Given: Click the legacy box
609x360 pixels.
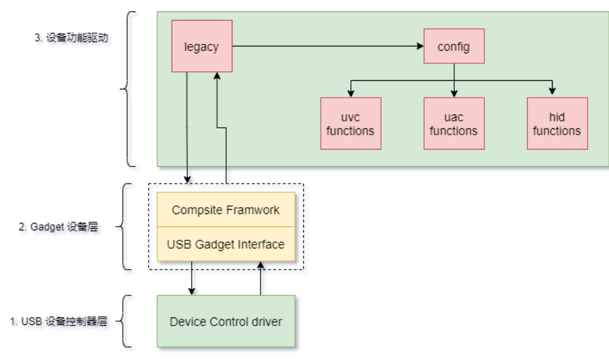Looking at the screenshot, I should click(201, 46).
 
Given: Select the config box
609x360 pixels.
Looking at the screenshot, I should click(454, 46).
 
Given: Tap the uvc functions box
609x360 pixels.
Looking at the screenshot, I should click(350, 123).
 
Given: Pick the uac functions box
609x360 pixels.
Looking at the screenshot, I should click(454, 123).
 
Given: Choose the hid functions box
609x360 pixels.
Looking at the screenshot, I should click(557, 123).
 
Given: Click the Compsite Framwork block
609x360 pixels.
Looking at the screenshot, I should click(226, 210).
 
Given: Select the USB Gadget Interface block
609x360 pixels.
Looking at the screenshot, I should click(226, 244).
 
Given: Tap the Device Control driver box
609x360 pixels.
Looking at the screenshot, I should click(226, 321).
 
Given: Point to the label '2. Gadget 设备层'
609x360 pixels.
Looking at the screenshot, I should click(58, 227).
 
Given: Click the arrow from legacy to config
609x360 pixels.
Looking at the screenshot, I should click(326, 46).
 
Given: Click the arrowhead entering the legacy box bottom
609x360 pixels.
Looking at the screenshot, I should click(217, 76).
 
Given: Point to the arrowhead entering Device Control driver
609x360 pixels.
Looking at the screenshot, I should click(192, 291).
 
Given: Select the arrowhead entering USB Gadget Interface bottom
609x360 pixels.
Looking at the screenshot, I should click(261, 266).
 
